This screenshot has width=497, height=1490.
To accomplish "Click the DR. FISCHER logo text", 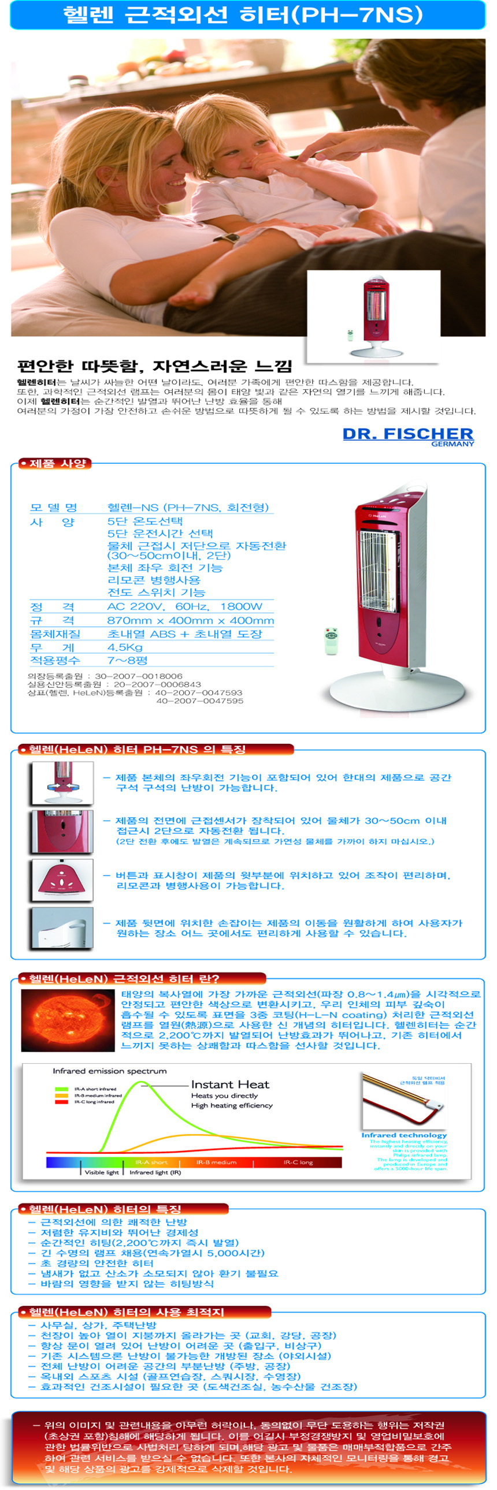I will pos(407,434).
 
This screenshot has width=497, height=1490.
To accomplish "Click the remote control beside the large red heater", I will pos(331,641).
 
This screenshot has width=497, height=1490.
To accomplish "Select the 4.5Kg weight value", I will pos(125,647).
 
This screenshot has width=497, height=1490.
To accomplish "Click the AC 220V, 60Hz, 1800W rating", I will pos(184,606).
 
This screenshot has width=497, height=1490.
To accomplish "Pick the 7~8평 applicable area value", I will pos(127,660).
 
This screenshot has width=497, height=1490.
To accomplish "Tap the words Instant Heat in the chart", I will pos(229,1084).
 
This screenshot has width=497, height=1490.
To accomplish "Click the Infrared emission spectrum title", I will pos(109,1071).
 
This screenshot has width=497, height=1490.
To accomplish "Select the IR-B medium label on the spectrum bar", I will pos(216,1161).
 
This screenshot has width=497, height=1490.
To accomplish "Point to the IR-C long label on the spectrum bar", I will pos(298,1161).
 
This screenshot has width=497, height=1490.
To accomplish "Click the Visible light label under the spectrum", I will pos(101,1172).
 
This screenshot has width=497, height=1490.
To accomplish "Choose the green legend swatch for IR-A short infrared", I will pos(61,1089).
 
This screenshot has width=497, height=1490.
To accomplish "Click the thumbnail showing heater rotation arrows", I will pos(62,783).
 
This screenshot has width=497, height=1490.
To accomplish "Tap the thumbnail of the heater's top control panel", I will pos(62,880).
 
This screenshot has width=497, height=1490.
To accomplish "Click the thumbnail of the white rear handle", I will pos(62,927).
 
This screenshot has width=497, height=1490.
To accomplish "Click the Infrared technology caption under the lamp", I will pos(404,1135).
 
